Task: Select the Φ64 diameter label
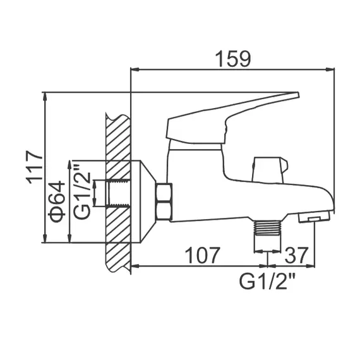(57, 200)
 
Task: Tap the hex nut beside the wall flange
(164, 202)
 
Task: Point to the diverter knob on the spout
(269, 168)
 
